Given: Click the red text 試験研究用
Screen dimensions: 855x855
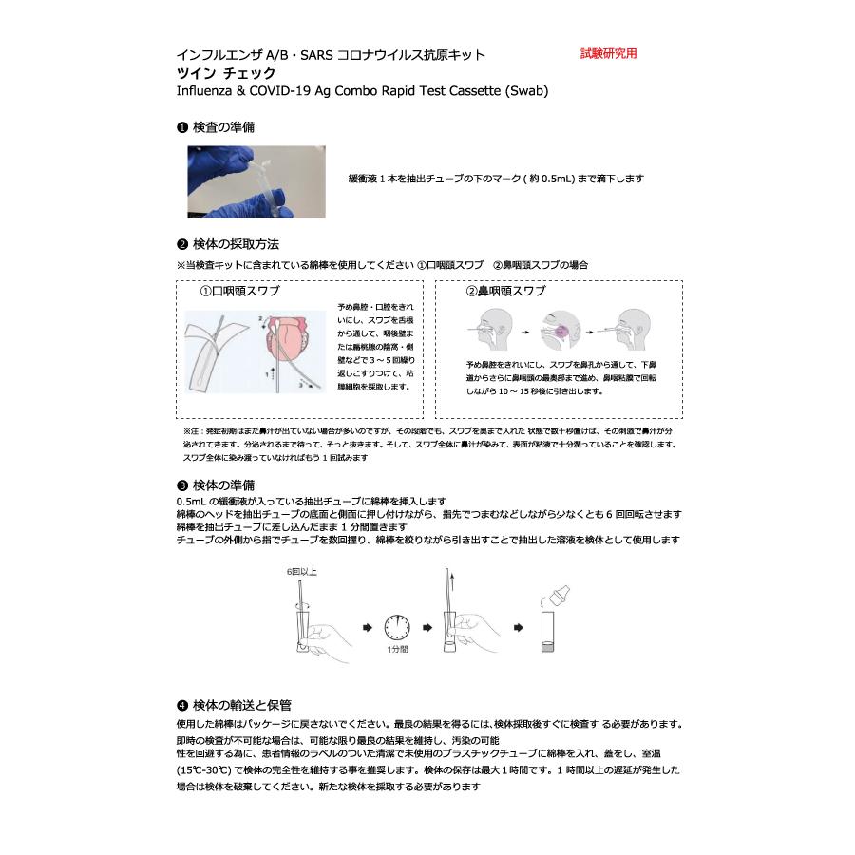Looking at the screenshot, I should pos(608,54).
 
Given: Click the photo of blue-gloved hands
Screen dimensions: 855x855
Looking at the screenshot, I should pos(256,181).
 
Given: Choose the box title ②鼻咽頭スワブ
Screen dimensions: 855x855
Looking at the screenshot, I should pos(504,291).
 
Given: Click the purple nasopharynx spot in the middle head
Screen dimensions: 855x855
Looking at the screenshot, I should pos(559,330).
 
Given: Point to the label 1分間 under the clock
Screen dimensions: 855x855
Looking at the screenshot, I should pos(397,652).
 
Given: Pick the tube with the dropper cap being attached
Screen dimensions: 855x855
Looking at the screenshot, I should pos(550,622).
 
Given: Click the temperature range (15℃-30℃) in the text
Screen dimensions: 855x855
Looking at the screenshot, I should pos(207,769).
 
